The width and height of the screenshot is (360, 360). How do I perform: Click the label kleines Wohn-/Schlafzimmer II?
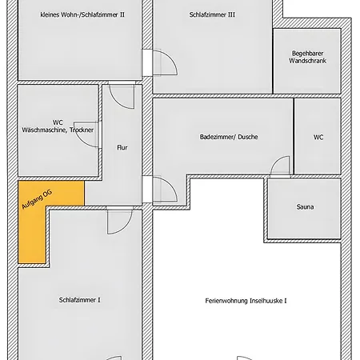[82, 15]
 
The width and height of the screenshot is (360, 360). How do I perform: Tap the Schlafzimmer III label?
[213, 15]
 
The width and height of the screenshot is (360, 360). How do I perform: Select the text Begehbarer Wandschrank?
[306, 57]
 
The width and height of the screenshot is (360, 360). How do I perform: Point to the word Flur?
[122, 148]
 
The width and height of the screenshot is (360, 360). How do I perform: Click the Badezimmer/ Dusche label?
[229, 137]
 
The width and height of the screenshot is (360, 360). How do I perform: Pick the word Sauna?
[305, 208]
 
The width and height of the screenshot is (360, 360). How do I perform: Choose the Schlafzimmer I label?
[79, 300]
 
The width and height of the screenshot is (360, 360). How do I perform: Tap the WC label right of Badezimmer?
[318, 137]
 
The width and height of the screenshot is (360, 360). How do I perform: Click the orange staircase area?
[32, 232]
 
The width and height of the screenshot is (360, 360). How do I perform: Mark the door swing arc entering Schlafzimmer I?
[118, 221]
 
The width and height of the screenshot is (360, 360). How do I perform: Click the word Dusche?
[246, 137]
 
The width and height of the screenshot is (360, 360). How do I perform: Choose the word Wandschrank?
[306, 61]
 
